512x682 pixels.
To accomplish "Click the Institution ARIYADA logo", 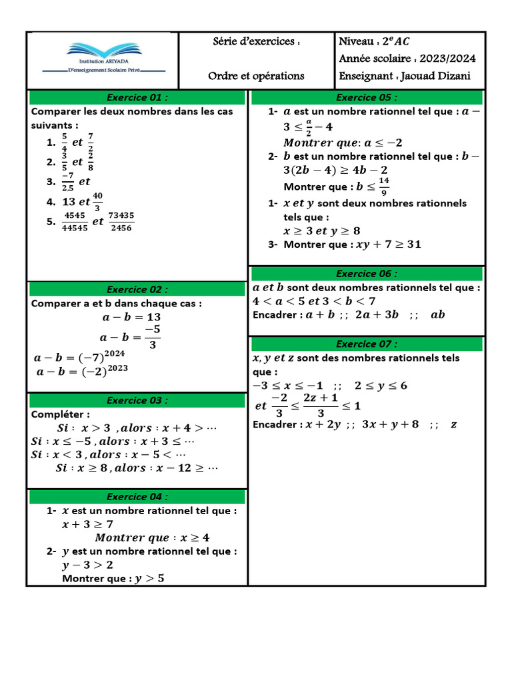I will tap(103, 59).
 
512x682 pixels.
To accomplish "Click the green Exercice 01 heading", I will tap(137, 97).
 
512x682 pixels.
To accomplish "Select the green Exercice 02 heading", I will tap(137, 289).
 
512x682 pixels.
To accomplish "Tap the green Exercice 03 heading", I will tap(137, 400).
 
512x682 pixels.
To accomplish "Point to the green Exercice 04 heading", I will tap(137, 497).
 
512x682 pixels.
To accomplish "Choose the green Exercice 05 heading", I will tap(366, 97).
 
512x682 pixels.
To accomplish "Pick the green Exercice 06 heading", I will tap(366, 274).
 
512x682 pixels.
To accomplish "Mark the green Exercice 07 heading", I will tap(366, 344).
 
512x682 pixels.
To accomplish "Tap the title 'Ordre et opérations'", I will tap(256, 76).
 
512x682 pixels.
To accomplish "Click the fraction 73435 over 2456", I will tap(121, 222).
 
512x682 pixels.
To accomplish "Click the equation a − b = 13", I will tap(130, 317).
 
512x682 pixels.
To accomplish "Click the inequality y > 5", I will tap(149, 578).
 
